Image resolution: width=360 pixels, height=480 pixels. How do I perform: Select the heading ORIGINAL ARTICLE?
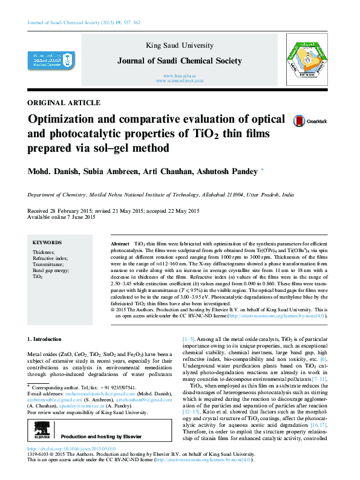click(x=64, y=103)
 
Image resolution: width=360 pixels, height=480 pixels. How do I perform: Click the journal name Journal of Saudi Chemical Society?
click(x=180, y=61)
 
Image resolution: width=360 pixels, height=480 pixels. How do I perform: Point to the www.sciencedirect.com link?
click(x=180, y=80)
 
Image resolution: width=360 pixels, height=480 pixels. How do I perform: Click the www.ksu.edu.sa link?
click(x=180, y=75)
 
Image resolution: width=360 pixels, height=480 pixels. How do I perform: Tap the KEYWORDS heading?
click(x=47, y=242)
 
